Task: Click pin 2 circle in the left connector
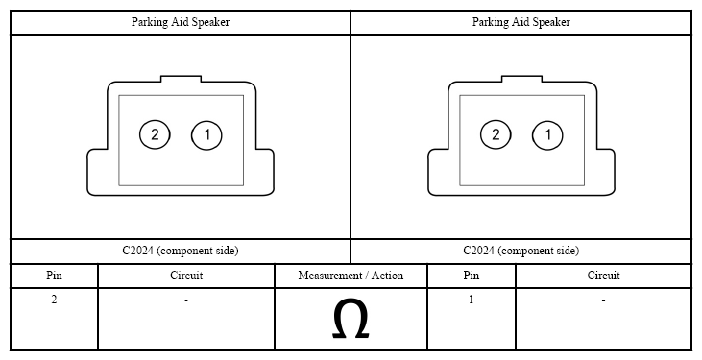tap(155, 134)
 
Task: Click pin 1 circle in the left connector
tap(206, 134)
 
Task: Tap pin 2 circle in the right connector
tap(496, 134)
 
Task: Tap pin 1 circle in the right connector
tap(547, 134)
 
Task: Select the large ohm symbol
tap(351, 319)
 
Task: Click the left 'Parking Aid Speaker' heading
tap(181, 22)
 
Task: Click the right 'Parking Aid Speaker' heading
tap(521, 22)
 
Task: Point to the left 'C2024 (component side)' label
tap(181, 251)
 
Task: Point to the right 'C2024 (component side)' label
tap(521, 251)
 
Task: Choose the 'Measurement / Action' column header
tap(351, 276)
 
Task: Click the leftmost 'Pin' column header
tap(54, 275)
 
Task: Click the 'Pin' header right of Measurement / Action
tap(471, 275)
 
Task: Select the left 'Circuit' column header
tap(186, 275)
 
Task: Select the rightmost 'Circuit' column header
tap(603, 275)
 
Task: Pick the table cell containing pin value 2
tap(54, 319)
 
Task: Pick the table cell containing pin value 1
tap(471, 319)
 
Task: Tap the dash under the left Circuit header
tap(186, 300)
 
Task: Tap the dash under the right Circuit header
tap(603, 300)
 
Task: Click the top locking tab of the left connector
tap(181, 79)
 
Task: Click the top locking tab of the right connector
tap(521, 79)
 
